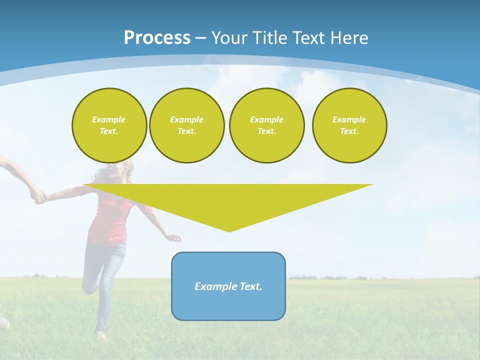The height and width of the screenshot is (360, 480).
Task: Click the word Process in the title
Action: pos(157,38)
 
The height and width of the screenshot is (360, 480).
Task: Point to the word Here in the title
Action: pos(350,38)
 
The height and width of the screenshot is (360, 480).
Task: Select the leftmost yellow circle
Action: pos(109,125)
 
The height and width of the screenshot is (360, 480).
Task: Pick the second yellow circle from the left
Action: pos(186,125)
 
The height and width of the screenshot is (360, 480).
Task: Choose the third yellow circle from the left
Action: pos(266,125)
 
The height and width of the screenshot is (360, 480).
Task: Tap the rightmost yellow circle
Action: pos(349,125)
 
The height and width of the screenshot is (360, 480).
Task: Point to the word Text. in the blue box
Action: pos(251,286)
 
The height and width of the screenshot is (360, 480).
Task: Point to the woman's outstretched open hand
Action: pos(174,238)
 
